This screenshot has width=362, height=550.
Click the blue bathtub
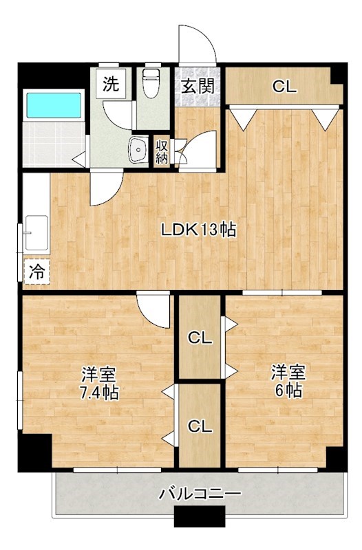54,104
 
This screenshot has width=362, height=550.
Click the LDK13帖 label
199,230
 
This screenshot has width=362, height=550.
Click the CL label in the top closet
284,87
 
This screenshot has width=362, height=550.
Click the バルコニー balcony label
200,494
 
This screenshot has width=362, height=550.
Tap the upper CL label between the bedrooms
200,338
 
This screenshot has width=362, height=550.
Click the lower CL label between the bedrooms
200,426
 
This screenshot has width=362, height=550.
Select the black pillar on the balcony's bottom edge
200,515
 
